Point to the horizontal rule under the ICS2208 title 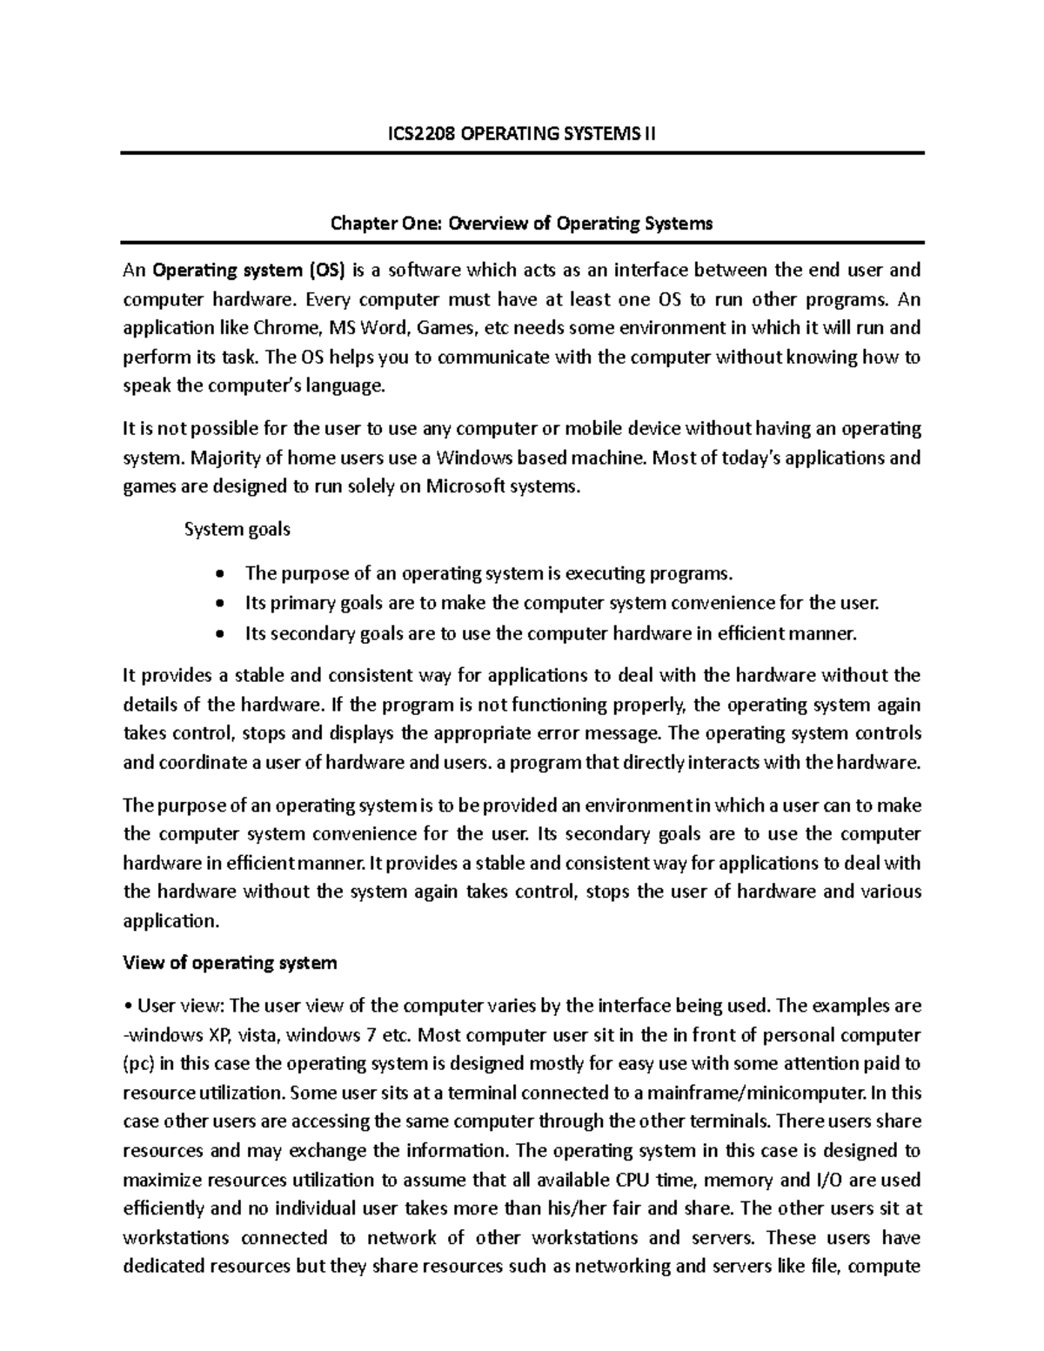tap(522, 153)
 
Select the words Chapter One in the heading tap(386, 224)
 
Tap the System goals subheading tap(238, 529)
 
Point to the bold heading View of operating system tap(230, 963)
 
